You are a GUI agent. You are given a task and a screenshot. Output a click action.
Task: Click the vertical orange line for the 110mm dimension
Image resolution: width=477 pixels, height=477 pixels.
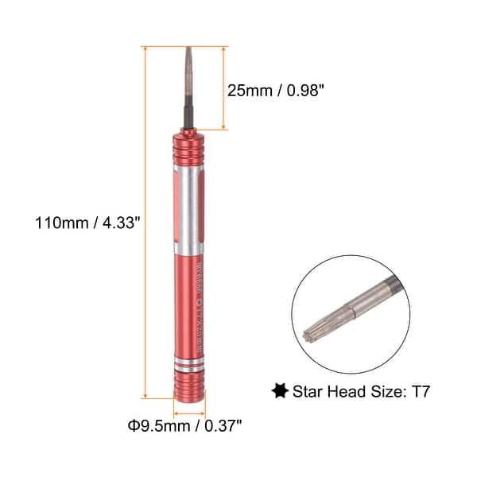click(146, 223)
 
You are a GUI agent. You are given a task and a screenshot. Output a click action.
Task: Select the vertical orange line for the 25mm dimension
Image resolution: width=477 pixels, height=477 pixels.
click(225, 87)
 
